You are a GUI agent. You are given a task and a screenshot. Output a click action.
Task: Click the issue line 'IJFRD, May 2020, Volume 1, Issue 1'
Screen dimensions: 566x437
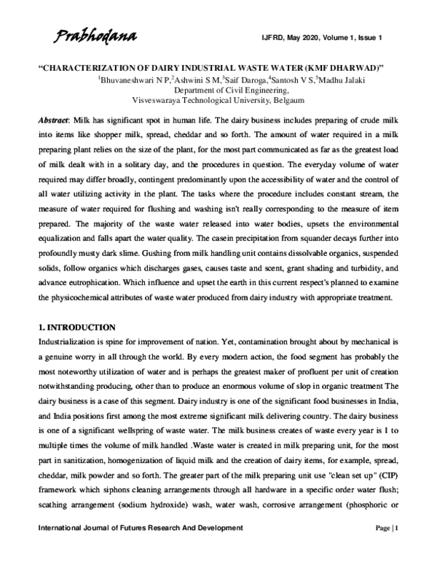(342, 37)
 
